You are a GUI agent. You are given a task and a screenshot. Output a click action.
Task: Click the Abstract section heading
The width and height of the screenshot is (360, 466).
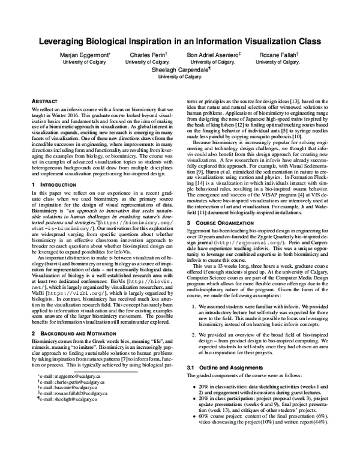click(x=44, y=102)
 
